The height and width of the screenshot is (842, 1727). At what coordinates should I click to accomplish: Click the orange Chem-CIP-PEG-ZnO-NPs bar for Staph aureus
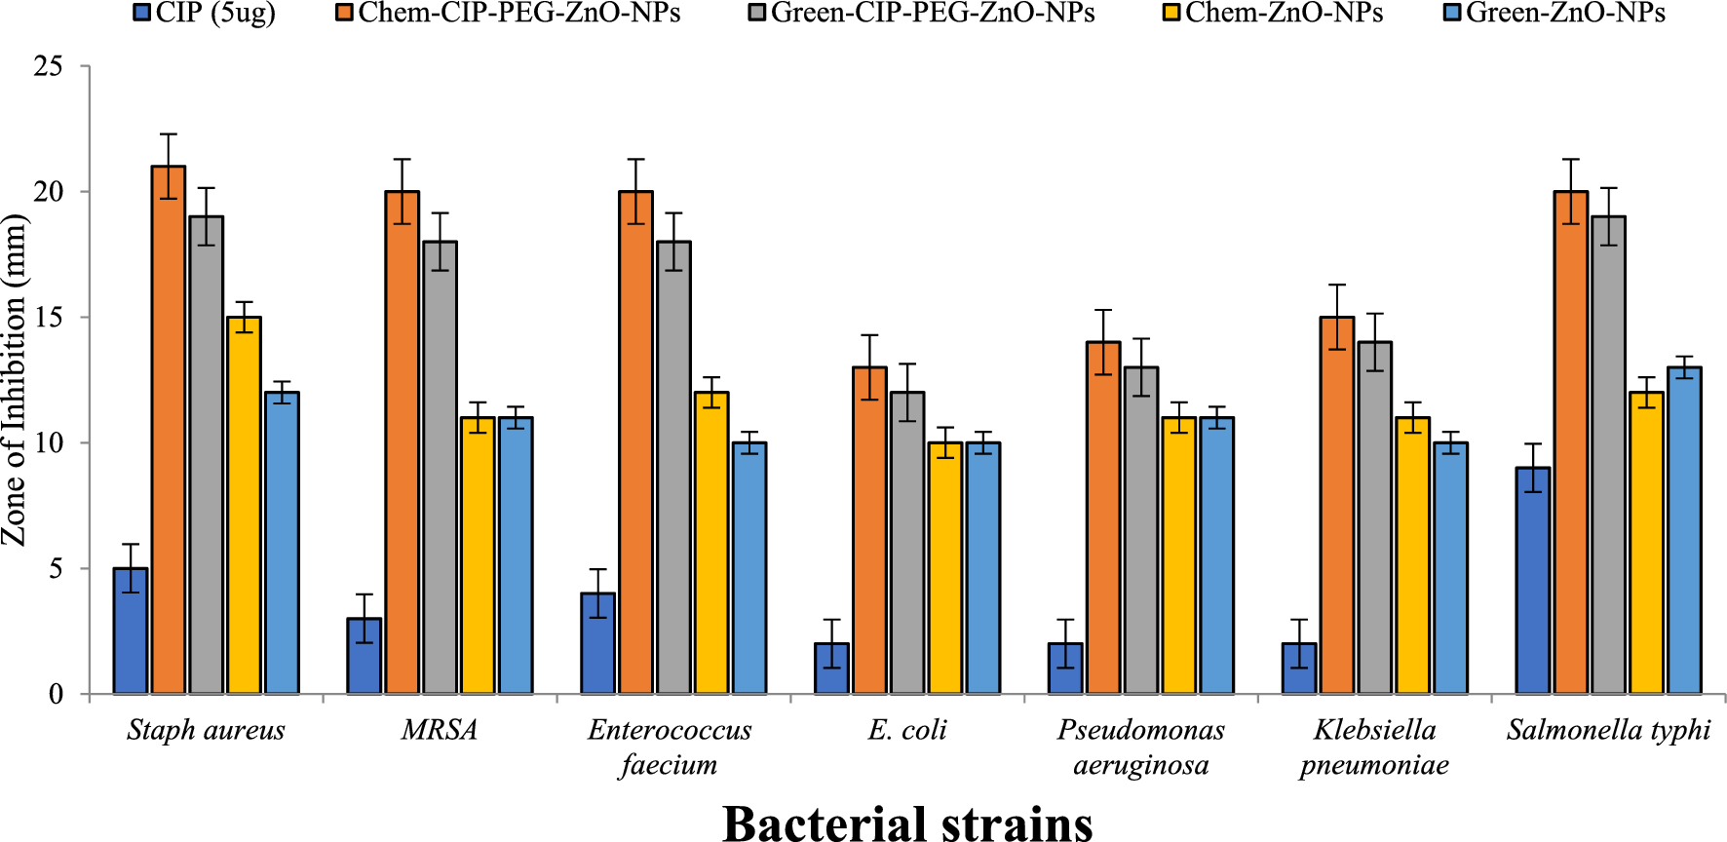pos(169,429)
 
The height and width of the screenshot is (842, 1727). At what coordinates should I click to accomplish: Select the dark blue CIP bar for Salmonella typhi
pos(1532,580)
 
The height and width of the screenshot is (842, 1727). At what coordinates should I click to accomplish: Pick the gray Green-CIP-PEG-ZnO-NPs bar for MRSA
pos(440,468)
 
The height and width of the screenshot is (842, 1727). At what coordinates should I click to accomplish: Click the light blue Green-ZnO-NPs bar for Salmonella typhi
pos(1684,530)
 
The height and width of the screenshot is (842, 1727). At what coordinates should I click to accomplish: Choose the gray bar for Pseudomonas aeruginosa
pos(1141,530)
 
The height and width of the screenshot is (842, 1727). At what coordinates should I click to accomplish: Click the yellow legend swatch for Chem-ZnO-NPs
pos(1172,14)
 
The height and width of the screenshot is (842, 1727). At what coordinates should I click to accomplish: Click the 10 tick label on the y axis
pos(48,442)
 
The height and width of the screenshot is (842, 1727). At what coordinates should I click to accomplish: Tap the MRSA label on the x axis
pos(440,730)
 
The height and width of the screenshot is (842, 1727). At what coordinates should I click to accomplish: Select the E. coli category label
pos(907,730)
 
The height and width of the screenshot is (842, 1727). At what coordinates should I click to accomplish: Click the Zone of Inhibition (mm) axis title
pos(14,380)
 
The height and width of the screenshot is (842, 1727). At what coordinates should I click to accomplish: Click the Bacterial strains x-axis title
pos(907,822)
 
